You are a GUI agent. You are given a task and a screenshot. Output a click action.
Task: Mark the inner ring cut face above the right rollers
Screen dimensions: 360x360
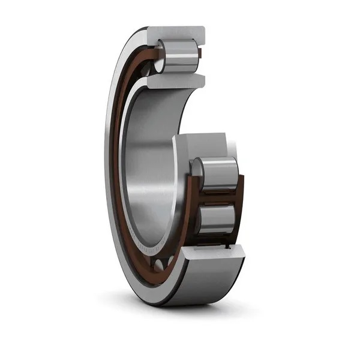point(201,144)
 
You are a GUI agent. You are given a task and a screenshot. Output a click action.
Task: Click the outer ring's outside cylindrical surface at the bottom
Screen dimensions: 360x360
point(198,282)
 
